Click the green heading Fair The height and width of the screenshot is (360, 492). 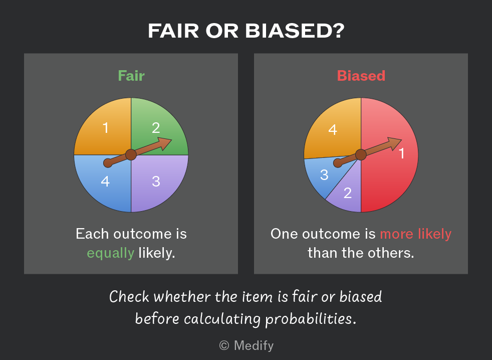131,76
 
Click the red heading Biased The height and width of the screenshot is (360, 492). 361,76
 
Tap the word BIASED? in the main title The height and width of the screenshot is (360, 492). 295,31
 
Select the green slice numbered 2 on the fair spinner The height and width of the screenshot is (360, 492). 157,122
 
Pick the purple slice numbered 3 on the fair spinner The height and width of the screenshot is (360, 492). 157,186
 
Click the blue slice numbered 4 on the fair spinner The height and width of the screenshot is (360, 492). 105,186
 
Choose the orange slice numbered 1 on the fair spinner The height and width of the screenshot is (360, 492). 105,126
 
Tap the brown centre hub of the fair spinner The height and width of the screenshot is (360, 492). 131,155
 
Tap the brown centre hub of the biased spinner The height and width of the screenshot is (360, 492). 361,155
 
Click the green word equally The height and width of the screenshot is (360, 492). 110,253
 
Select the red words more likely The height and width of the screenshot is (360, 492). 415,234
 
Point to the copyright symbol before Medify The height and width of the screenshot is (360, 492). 224,345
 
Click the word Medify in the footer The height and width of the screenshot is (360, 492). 254,345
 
